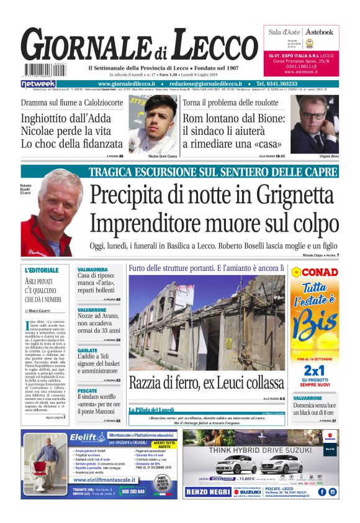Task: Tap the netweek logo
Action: [38, 83]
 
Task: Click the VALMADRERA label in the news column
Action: [93, 270]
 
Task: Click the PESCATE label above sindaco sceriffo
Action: [88, 391]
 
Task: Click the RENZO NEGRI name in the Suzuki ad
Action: [210, 491]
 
